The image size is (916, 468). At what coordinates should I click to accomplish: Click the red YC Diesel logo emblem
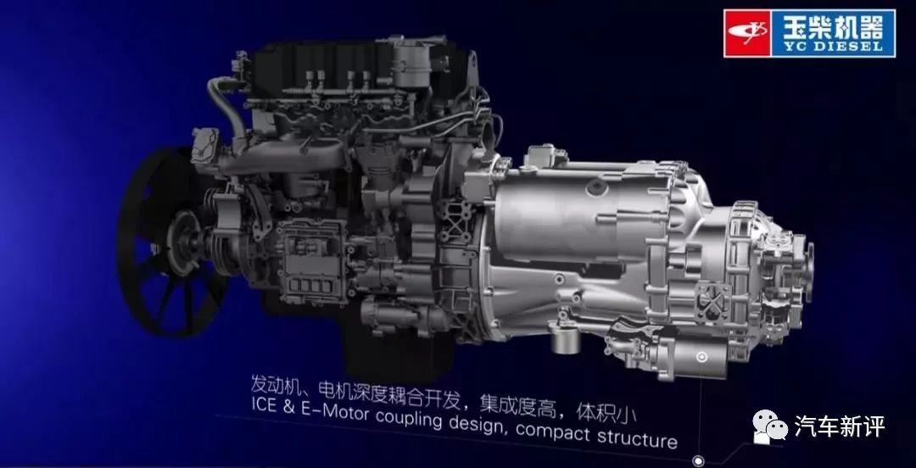(748, 33)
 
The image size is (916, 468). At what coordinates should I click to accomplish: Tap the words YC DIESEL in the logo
(833, 47)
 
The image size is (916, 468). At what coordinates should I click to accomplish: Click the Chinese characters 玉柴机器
(833, 26)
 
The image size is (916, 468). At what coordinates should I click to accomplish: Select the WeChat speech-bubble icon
(769, 425)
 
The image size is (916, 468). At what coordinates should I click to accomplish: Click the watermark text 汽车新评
(840, 426)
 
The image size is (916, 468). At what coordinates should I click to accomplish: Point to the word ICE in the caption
(264, 405)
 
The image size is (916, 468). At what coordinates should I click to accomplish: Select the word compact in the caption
(554, 432)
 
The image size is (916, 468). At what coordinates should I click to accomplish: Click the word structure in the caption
(637, 437)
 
